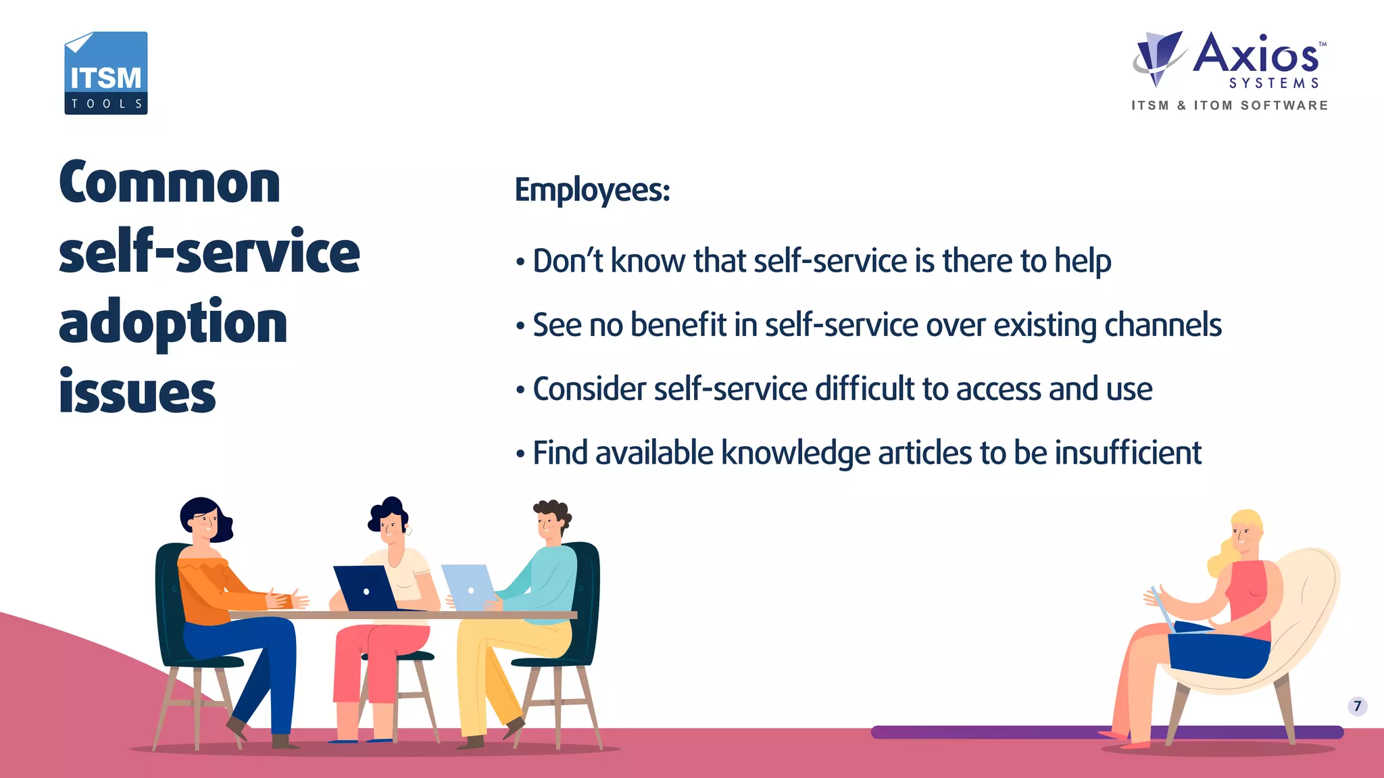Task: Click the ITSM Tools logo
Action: [105, 73]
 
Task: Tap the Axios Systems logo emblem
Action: [1158, 57]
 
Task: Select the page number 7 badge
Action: [1357, 706]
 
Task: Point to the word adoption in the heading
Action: [173, 323]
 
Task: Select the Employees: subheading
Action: [592, 190]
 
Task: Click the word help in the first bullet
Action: [1083, 262]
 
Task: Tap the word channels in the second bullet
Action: [1162, 325]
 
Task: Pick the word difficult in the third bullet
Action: [864, 389]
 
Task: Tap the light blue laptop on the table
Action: [468, 587]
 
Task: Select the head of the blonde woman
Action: [1245, 531]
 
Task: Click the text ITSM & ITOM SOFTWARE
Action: [1230, 105]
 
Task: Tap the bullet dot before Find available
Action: [520, 454]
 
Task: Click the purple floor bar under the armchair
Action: [1014, 732]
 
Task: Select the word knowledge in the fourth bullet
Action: [795, 454]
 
